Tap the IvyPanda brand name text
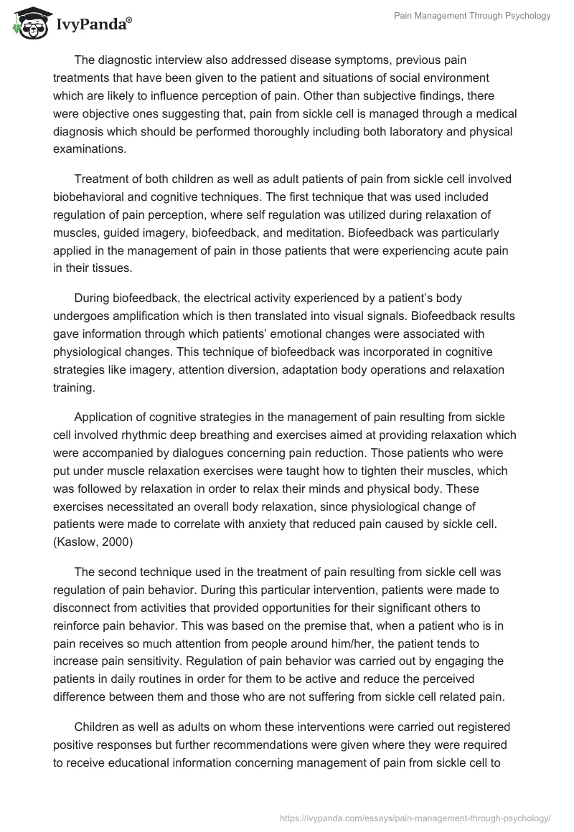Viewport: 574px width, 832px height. pyautogui.click(x=93, y=23)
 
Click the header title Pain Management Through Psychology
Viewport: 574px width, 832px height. pyautogui.click(x=473, y=16)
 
